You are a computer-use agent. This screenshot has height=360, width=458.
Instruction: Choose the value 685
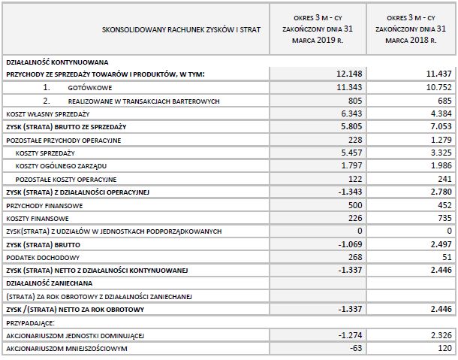coord(442,100)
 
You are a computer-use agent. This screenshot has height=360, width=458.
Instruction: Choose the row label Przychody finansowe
coord(34,204)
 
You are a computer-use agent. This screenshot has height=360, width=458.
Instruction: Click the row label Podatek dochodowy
coord(34,256)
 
